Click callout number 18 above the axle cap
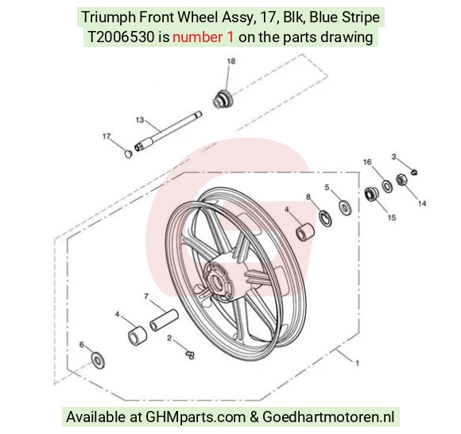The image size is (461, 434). (x=231, y=61)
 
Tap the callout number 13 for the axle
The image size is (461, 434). (x=140, y=120)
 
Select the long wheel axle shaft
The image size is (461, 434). (x=168, y=131)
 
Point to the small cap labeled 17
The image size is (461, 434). (x=128, y=153)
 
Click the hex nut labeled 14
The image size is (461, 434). (x=401, y=180)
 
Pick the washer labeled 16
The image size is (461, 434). (x=387, y=186)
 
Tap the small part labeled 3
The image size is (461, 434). (x=414, y=172)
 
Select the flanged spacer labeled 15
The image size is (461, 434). (x=371, y=194)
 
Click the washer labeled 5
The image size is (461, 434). (x=345, y=207)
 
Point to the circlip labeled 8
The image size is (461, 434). (x=325, y=219)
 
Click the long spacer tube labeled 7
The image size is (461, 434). (x=164, y=320)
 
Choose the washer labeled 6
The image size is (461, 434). (x=98, y=360)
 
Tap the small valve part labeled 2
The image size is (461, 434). (x=190, y=355)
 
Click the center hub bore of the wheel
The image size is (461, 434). (x=218, y=281)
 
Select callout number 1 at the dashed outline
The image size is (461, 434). (x=357, y=363)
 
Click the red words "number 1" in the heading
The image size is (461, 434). (x=203, y=37)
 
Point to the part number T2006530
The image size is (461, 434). (x=121, y=37)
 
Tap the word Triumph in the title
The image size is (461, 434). (x=108, y=17)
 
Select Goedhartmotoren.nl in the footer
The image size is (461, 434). (x=328, y=417)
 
